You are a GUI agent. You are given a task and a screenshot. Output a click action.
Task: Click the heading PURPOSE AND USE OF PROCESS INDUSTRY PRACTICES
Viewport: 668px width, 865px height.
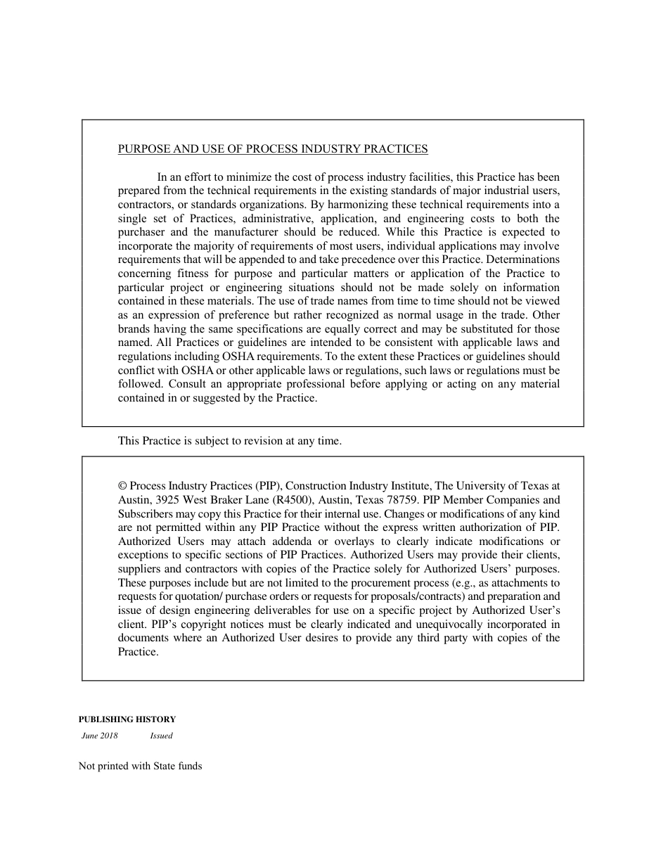click(273, 149)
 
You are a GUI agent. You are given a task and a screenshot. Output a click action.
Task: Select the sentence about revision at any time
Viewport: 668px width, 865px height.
click(229, 442)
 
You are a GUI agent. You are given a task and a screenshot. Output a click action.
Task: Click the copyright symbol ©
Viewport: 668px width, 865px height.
click(122, 486)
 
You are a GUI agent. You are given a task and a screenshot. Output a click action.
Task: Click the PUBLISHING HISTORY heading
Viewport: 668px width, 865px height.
click(127, 719)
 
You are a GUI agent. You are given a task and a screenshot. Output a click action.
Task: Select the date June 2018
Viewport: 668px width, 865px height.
click(100, 736)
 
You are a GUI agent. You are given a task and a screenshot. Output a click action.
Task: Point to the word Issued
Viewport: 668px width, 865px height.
click(161, 736)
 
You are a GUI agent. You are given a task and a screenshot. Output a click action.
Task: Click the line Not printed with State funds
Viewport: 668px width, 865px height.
click(140, 767)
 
